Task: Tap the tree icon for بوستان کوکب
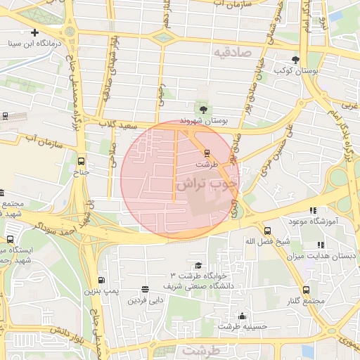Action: (x=295, y=60)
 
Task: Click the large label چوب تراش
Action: (x=207, y=185)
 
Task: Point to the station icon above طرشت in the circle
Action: (x=206, y=153)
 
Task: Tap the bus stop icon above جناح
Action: (x=82, y=160)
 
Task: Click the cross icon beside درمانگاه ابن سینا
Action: (x=34, y=32)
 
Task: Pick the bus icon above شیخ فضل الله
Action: (x=267, y=231)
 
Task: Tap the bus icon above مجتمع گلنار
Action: (x=306, y=290)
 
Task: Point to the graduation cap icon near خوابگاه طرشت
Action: (x=199, y=265)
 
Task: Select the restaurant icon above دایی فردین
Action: (x=145, y=289)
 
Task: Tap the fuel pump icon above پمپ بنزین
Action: (x=103, y=280)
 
